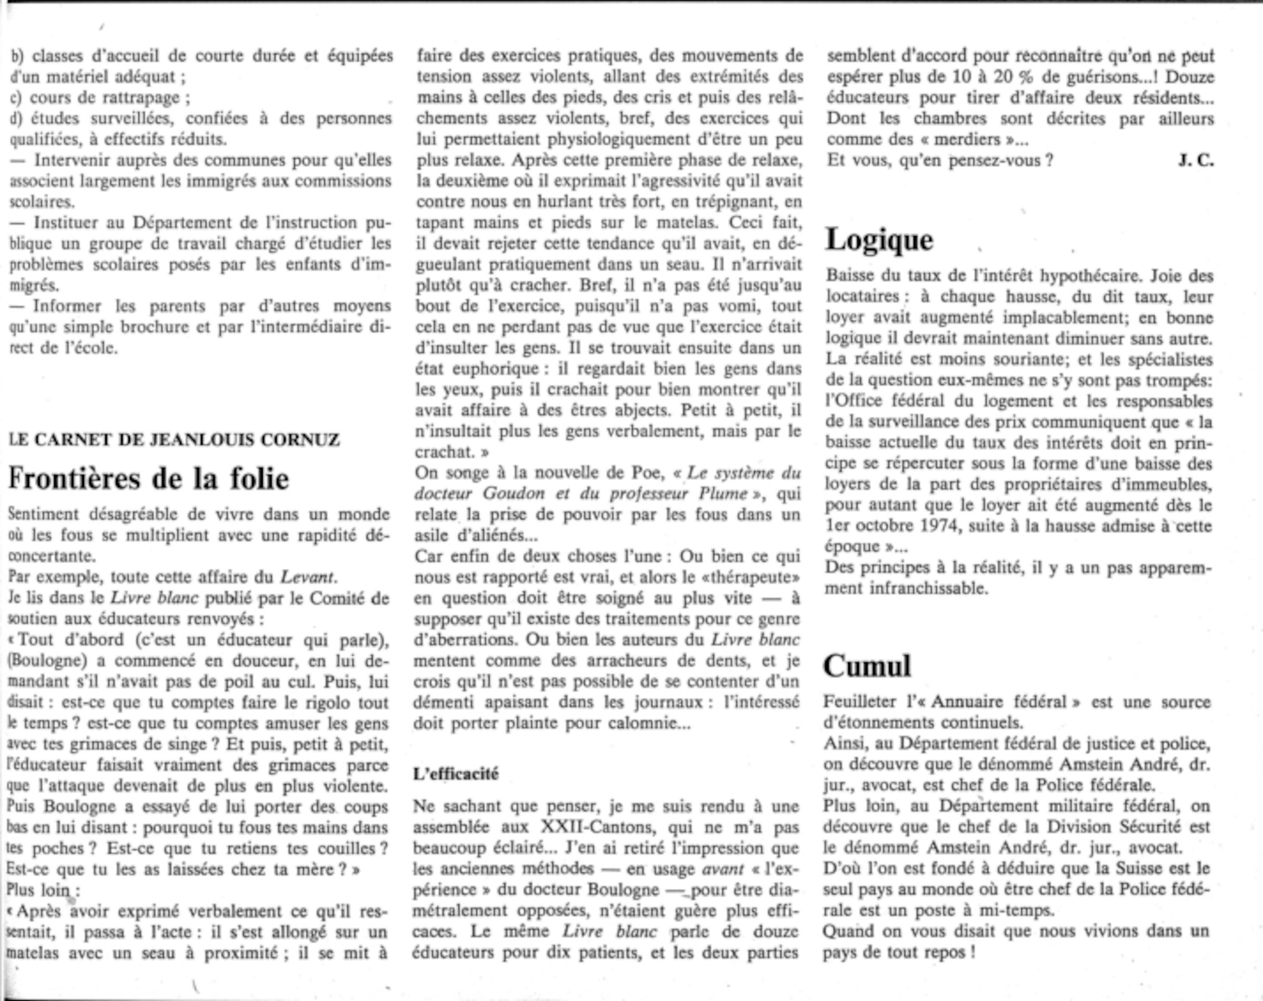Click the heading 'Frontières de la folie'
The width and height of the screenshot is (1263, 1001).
tap(148, 479)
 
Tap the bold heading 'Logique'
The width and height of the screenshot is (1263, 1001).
tap(880, 240)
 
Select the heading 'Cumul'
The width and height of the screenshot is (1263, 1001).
tap(867, 666)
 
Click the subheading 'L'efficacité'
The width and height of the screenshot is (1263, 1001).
tap(456, 774)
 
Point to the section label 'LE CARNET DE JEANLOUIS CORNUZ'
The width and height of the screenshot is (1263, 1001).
tap(175, 440)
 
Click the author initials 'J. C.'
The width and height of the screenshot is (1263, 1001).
tap(1195, 160)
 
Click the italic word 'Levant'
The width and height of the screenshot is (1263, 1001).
tap(307, 577)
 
